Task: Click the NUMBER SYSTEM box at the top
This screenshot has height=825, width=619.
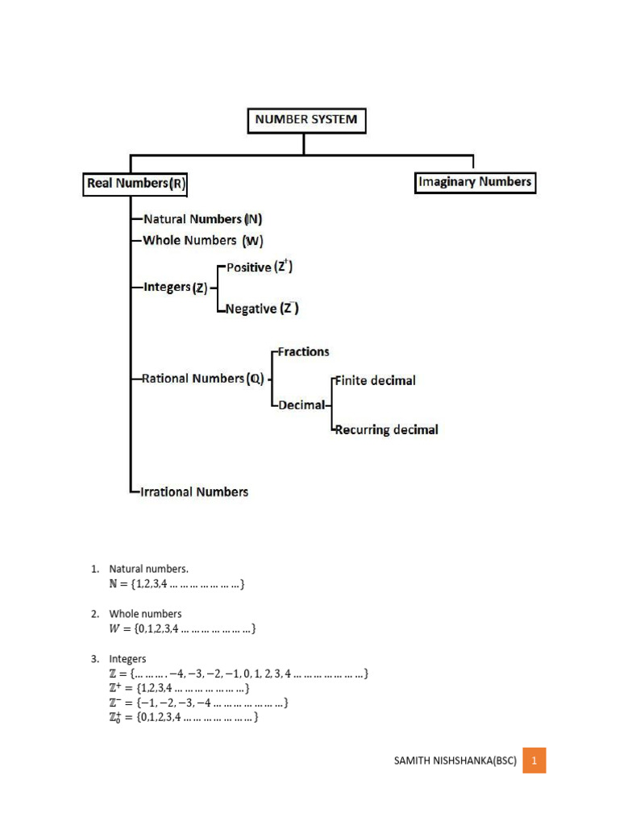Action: [x=305, y=122]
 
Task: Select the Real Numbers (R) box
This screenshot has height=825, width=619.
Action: [x=135, y=184]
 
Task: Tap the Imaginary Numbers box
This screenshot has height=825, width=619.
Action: [x=475, y=182]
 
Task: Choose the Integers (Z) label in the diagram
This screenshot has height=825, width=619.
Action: [x=175, y=287]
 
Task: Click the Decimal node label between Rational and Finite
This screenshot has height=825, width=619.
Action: [x=301, y=405]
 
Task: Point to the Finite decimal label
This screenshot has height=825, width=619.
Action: [x=375, y=380]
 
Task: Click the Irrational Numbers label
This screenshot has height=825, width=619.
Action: [x=194, y=491]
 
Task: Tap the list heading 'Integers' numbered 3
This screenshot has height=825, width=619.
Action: [x=127, y=658]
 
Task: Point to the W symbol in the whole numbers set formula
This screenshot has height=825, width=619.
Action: [x=115, y=628]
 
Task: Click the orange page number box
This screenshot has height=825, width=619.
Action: [x=534, y=760]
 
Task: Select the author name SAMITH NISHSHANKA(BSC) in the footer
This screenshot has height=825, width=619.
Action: [x=456, y=761]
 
